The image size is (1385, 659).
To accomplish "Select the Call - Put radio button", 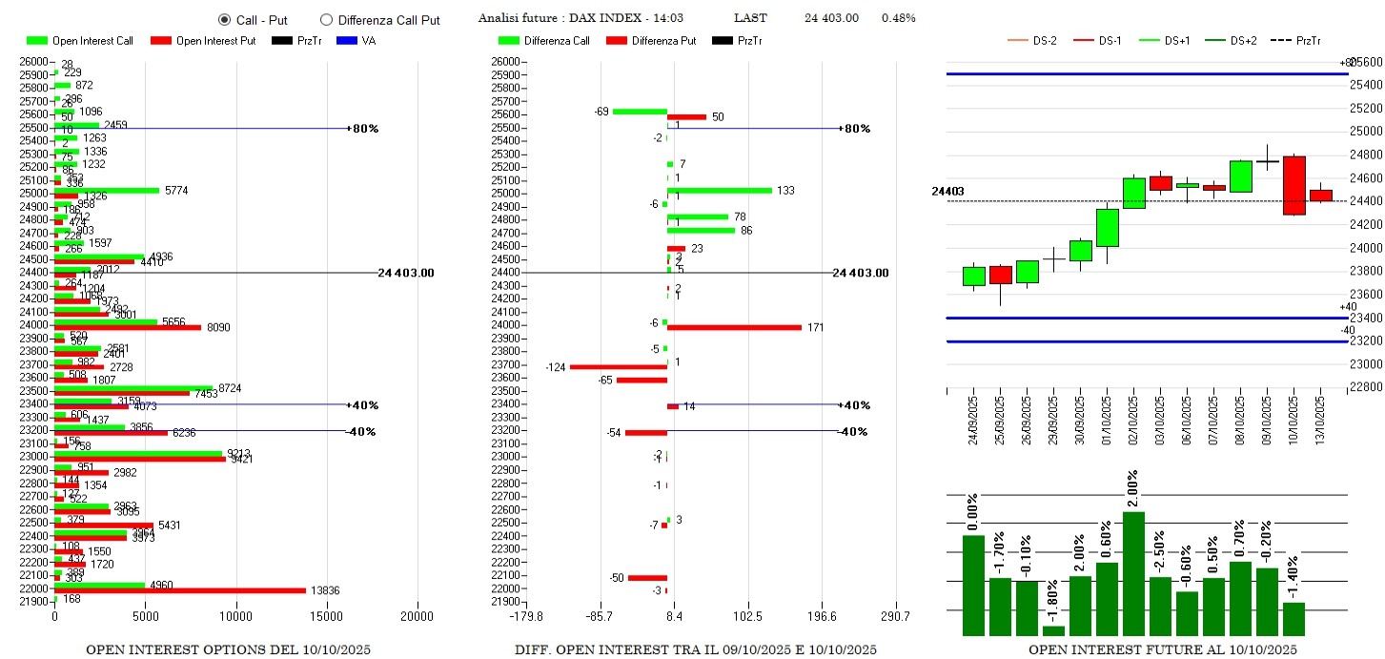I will click(x=224, y=19).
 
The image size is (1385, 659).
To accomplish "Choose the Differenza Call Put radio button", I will click(x=326, y=19).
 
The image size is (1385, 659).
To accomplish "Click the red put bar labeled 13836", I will click(x=180, y=590).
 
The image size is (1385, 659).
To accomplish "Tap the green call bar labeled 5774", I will click(x=107, y=190).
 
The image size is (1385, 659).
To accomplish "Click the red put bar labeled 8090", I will click(x=128, y=327).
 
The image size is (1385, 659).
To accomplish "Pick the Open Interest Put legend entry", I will click(x=203, y=41).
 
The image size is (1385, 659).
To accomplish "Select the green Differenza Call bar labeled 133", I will click(x=720, y=191).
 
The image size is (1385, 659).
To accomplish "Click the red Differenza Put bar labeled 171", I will click(x=734, y=327).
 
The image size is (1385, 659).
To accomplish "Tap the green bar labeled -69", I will click(x=640, y=112).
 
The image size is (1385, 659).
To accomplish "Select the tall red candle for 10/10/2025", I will click(x=1293, y=185).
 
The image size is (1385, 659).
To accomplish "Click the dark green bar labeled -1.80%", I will click(x=1053, y=630).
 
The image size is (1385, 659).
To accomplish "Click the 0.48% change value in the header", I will click(x=898, y=18).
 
